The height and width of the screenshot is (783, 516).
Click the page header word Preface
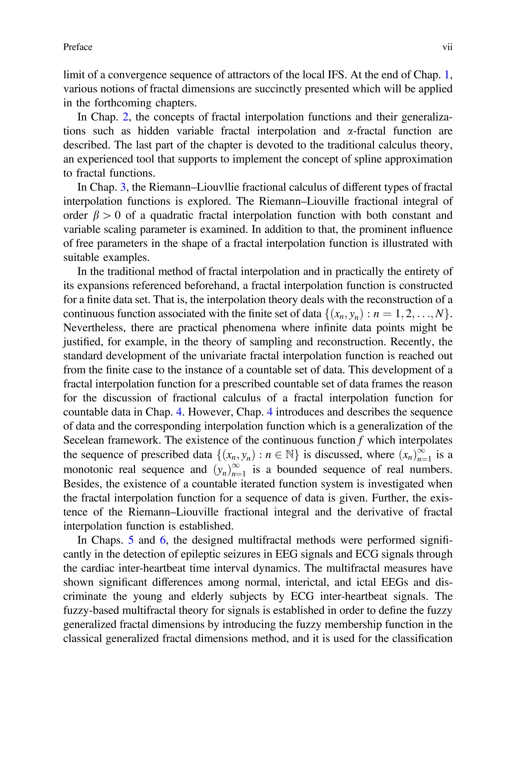[78, 47]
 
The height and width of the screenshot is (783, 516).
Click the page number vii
[447, 47]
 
